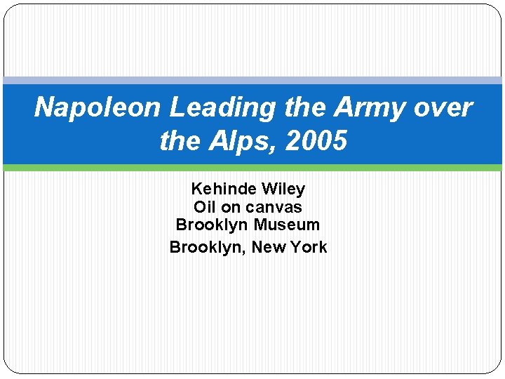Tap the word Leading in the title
click(x=215, y=107)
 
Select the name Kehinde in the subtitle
click(x=223, y=189)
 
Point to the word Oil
click(x=205, y=207)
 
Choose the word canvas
click(x=276, y=207)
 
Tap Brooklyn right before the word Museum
click(x=212, y=225)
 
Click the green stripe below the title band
click(x=252, y=168)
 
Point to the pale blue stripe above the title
click(x=252, y=81)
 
